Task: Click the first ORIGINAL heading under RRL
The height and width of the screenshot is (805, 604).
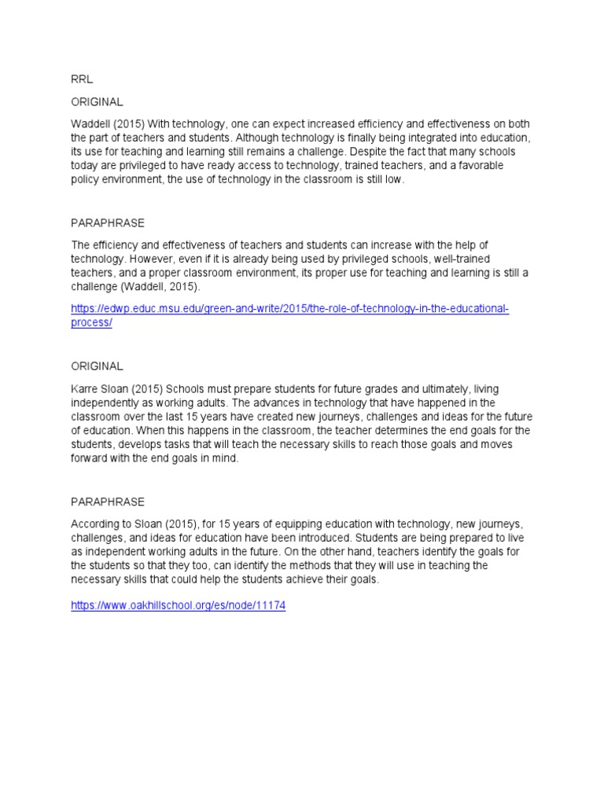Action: tap(97, 102)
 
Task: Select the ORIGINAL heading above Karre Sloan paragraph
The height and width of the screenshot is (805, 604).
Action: tap(97, 366)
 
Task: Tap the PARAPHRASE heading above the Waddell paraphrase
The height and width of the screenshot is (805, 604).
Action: tap(108, 223)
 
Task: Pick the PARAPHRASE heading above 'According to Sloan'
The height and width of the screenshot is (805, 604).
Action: tap(108, 502)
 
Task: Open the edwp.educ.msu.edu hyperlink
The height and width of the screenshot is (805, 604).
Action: tap(289, 309)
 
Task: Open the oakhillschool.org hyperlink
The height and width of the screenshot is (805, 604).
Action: tap(178, 606)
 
